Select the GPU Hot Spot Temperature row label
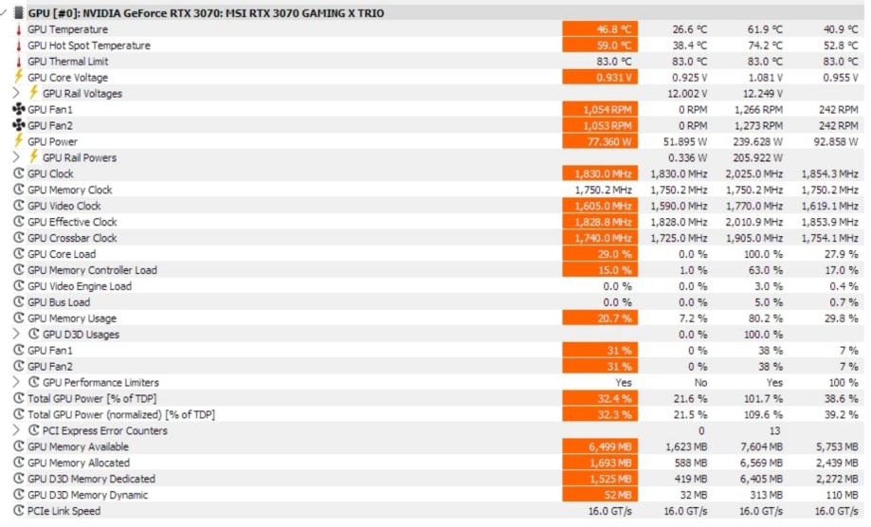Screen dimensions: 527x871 tap(89, 45)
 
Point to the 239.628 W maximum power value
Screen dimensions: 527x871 tap(754, 141)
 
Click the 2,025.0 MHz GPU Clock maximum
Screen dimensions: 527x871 tap(754, 173)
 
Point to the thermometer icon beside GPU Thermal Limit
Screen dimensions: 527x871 tap(18, 62)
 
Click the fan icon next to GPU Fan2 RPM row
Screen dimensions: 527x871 tap(18, 125)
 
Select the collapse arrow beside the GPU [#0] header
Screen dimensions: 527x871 tap(7, 13)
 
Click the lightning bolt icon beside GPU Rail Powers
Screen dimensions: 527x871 tap(33, 157)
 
